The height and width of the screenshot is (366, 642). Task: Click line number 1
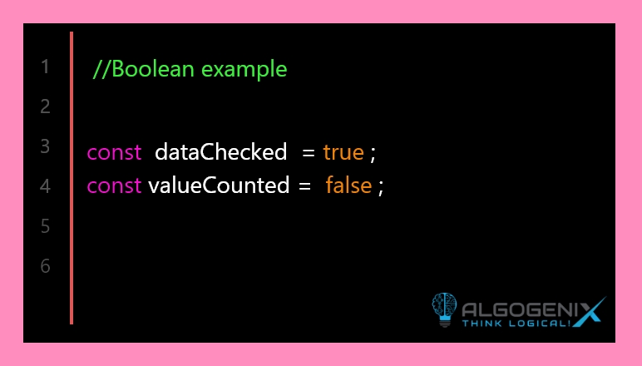tap(46, 67)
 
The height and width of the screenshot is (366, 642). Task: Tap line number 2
tap(45, 106)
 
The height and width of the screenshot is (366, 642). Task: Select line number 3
tap(45, 146)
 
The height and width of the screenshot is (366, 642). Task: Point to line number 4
tap(45, 186)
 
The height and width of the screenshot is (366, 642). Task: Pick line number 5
tap(45, 226)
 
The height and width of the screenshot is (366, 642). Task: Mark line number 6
tap(45, 266)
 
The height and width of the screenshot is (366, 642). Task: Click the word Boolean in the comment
tap(153, 69)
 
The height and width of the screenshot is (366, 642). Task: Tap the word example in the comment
tap(244, 70)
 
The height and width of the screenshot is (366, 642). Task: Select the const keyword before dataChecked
tap(114, 153)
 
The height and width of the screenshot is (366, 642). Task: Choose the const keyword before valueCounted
tap(114, 185)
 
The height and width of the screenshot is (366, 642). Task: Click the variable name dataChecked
tap(221, 152)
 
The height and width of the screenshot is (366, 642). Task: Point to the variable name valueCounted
tap(219, 185)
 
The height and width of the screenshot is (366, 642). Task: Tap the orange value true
tap(343, 153)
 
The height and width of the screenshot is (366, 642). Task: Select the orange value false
tap(348, 185)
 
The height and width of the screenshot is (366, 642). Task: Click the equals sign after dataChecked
tap(309, 153)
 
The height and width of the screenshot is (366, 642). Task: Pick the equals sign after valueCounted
tap(304, 186)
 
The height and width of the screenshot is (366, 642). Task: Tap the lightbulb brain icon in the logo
tap(444, 309)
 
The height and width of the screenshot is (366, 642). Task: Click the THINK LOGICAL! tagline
tap(516, 324)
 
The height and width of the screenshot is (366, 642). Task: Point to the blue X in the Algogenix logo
tap(589, 312)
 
